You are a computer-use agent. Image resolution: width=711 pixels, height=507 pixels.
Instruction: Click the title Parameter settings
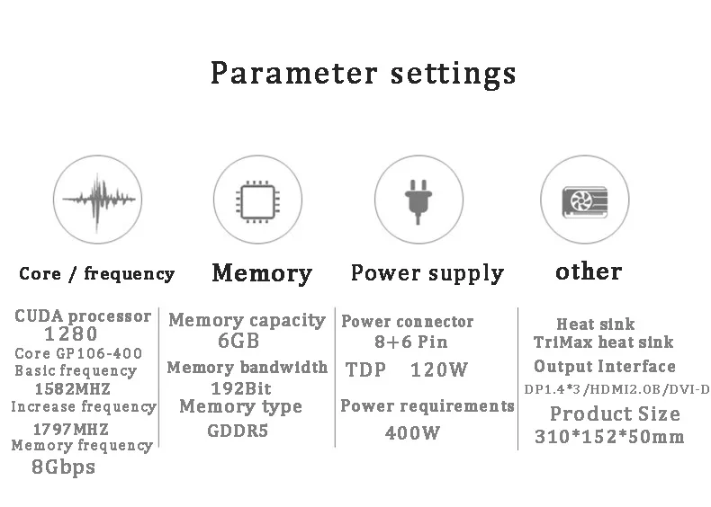364,74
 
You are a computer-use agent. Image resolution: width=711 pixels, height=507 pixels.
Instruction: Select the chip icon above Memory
257,201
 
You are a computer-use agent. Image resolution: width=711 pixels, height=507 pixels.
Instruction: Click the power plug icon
418,202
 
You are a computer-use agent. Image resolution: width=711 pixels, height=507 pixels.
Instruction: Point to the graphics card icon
584,201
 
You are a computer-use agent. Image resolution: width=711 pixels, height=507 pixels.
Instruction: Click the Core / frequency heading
96,273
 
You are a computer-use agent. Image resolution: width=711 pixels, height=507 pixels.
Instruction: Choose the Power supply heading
427,273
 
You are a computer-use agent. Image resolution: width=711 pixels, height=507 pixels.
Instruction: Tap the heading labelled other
589,271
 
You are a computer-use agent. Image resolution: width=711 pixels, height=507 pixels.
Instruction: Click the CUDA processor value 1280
71,334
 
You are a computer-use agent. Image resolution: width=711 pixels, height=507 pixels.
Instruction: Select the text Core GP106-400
78,353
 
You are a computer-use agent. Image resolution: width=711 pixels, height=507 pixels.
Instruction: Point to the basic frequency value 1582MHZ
73,388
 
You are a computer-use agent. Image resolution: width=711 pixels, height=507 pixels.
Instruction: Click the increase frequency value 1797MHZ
71,429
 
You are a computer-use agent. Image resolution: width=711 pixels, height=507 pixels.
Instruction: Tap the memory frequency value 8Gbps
64,467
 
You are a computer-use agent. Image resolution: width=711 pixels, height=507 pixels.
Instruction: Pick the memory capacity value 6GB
238,341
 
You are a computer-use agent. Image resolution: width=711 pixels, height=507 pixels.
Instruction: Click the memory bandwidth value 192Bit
241,388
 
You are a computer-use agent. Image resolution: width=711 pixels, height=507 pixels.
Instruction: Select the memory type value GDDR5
238,431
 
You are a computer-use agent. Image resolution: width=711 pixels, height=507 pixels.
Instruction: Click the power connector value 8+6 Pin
410,342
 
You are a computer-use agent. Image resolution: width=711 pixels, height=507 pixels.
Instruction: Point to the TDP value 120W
438,369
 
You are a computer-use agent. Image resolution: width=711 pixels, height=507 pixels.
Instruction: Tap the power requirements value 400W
412,433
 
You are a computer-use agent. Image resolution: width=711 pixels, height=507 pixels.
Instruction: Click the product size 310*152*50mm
609,437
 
